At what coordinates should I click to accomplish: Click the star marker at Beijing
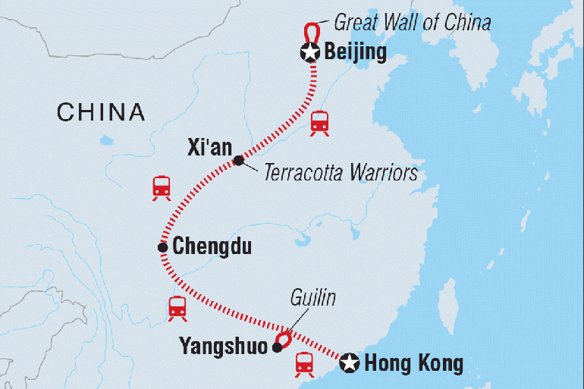click(310, 52)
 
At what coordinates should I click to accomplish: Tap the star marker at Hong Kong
click(350, 362)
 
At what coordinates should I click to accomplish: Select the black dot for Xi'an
click(239, 161)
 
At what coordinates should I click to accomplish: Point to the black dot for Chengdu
click(163, 247)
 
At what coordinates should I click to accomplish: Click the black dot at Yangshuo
click(278, 348)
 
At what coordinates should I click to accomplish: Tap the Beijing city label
click(355, 52)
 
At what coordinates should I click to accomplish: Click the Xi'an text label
click(209, 147)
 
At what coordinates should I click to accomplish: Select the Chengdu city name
click(212, 246)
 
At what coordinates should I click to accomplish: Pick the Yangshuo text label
click(224, 347)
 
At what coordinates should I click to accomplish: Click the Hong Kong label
click(414, 363)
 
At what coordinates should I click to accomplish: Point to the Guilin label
click(312, 297)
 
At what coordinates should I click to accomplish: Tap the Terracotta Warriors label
click(341, 173)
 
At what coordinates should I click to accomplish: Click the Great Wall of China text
click(413, 22)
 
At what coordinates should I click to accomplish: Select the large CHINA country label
click(101, 112)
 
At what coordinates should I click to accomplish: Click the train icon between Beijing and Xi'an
click(319, 123)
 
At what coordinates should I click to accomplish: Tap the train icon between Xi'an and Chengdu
click(162, 188)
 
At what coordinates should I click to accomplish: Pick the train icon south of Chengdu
click(177, 309)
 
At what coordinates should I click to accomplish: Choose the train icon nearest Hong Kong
click(305, 365)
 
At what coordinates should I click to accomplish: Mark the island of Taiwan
click(447, 306)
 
